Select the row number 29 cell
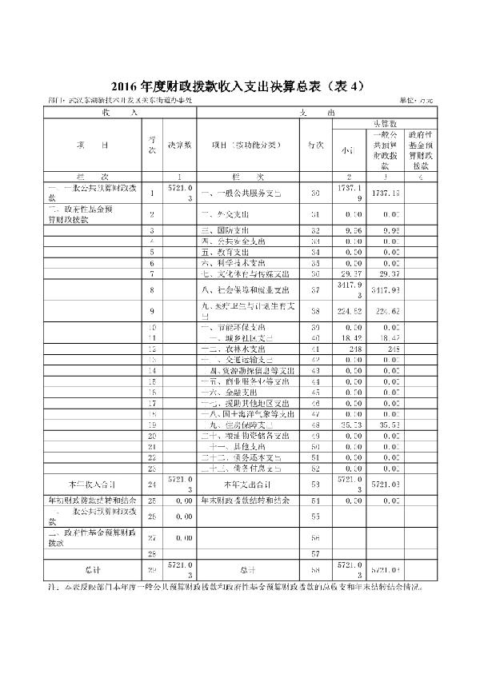(x=151, y=568)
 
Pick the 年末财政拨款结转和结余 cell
(x=238, y=500)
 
